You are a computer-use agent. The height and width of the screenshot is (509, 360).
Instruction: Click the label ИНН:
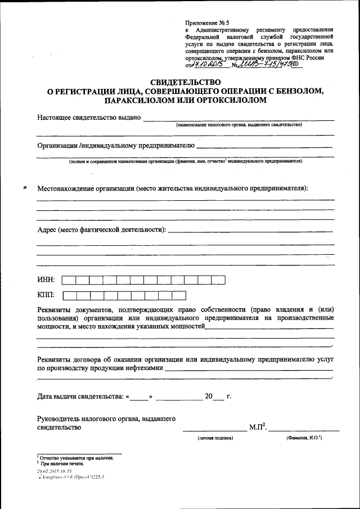coord(46,280)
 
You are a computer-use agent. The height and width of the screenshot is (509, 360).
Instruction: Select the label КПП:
coord(46,295)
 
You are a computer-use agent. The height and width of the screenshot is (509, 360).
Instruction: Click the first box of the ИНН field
coord(69,280)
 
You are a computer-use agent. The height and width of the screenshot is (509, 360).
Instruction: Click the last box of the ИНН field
coord(218,280)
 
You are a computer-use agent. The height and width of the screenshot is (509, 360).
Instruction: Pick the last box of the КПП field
coord(179,295)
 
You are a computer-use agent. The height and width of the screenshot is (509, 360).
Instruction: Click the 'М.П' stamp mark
coord(256,427)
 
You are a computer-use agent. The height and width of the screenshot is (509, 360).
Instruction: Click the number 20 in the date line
coord(209,397)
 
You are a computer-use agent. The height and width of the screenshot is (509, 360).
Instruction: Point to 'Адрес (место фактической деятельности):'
coord(101,230)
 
